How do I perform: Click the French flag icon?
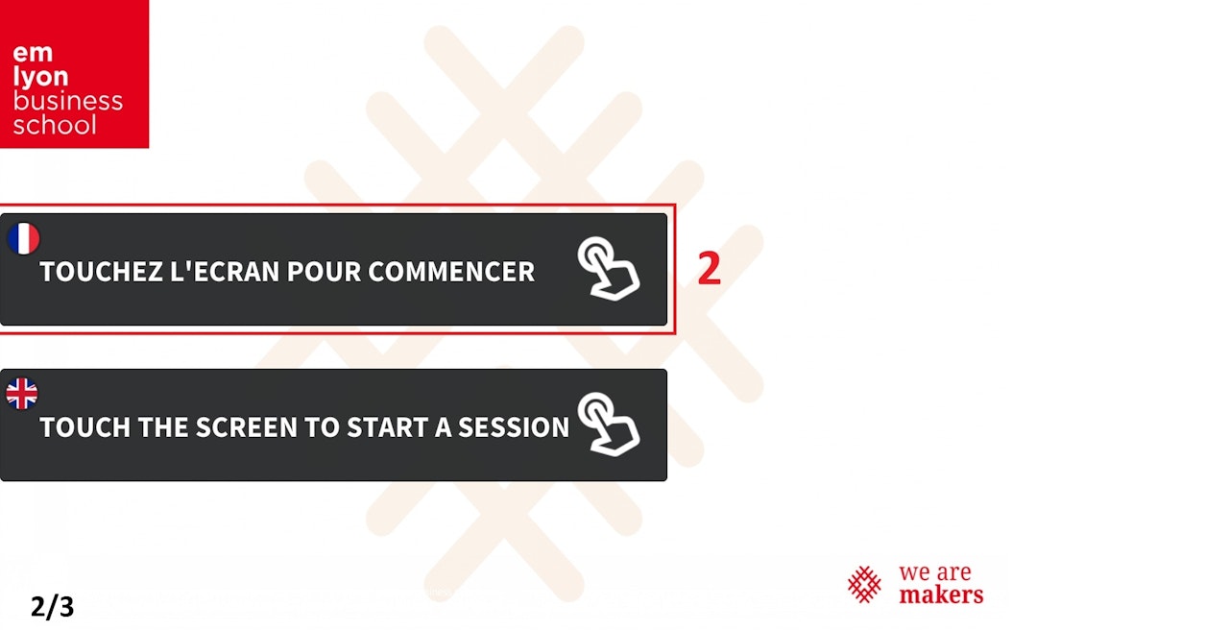[23, 239]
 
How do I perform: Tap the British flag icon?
[22, 394]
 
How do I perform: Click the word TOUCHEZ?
[102, 272]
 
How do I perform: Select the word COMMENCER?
[451, 272]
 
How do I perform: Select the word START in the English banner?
[387, 427]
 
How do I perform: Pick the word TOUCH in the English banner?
[85, 427]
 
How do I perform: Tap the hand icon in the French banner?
[608, 269]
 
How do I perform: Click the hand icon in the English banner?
[608, 425]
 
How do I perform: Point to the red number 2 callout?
[709, 268]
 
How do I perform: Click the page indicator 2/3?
[52, 607]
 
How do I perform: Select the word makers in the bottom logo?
[941, 595]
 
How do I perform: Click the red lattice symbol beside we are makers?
[864, 584]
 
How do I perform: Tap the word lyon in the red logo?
[40, 78]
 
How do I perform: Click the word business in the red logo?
[67, 101]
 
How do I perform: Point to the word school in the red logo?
[55, 125]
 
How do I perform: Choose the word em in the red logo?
[33, 54]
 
